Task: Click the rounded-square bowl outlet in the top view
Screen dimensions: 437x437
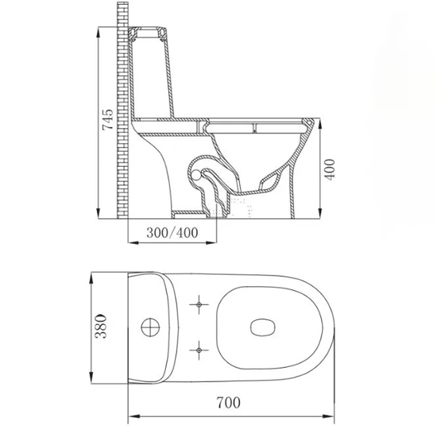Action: [261, 326]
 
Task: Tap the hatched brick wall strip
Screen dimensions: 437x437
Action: [122, 111]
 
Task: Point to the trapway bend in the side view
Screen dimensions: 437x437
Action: [199, 171]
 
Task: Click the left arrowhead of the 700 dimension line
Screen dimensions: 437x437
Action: [131, 413]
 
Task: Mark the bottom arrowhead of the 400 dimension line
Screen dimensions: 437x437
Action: [327, 215]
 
